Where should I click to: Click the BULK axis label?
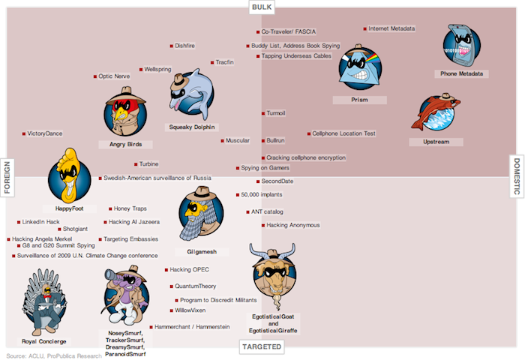pyautogui.click(x=262, y=7)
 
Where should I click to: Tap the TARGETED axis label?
pyautogui.click(x=262, y=347)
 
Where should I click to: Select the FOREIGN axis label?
pyautogui.click(x=7, y=178)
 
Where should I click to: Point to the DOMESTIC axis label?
pyautogui.click(x=517, y=176)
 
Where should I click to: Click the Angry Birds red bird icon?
pyautogui.click(x=125, y=112)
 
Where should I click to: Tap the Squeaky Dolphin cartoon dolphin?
pyautogui.click(x=191, y=94)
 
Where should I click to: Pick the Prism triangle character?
pyautogui.click(x=360, y=68)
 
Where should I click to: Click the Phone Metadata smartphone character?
pyautogui.click(x=462, y=45)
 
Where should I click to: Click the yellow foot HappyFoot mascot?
pyautogui.click(x=69, y=175)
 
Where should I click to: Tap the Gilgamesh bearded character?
pyautogui.click(x=200, y=214)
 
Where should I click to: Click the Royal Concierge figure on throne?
pyautogui.click(x=44, y=302)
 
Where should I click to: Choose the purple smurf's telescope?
pyautogui.click(x=115, y=273)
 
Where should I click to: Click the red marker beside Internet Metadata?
pyautogui.click(x=364, y=29)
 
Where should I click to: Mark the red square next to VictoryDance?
pyautogui.click(x=24, y=134)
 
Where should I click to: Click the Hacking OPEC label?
pyautogui.click(x=189, y=269)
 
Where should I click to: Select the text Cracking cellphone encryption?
pyautogui.click(x=306, y=157)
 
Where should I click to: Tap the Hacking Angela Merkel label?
pyautogui.click(x=42, y=239)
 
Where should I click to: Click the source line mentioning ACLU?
pyautogui.click(x=54, y=356)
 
